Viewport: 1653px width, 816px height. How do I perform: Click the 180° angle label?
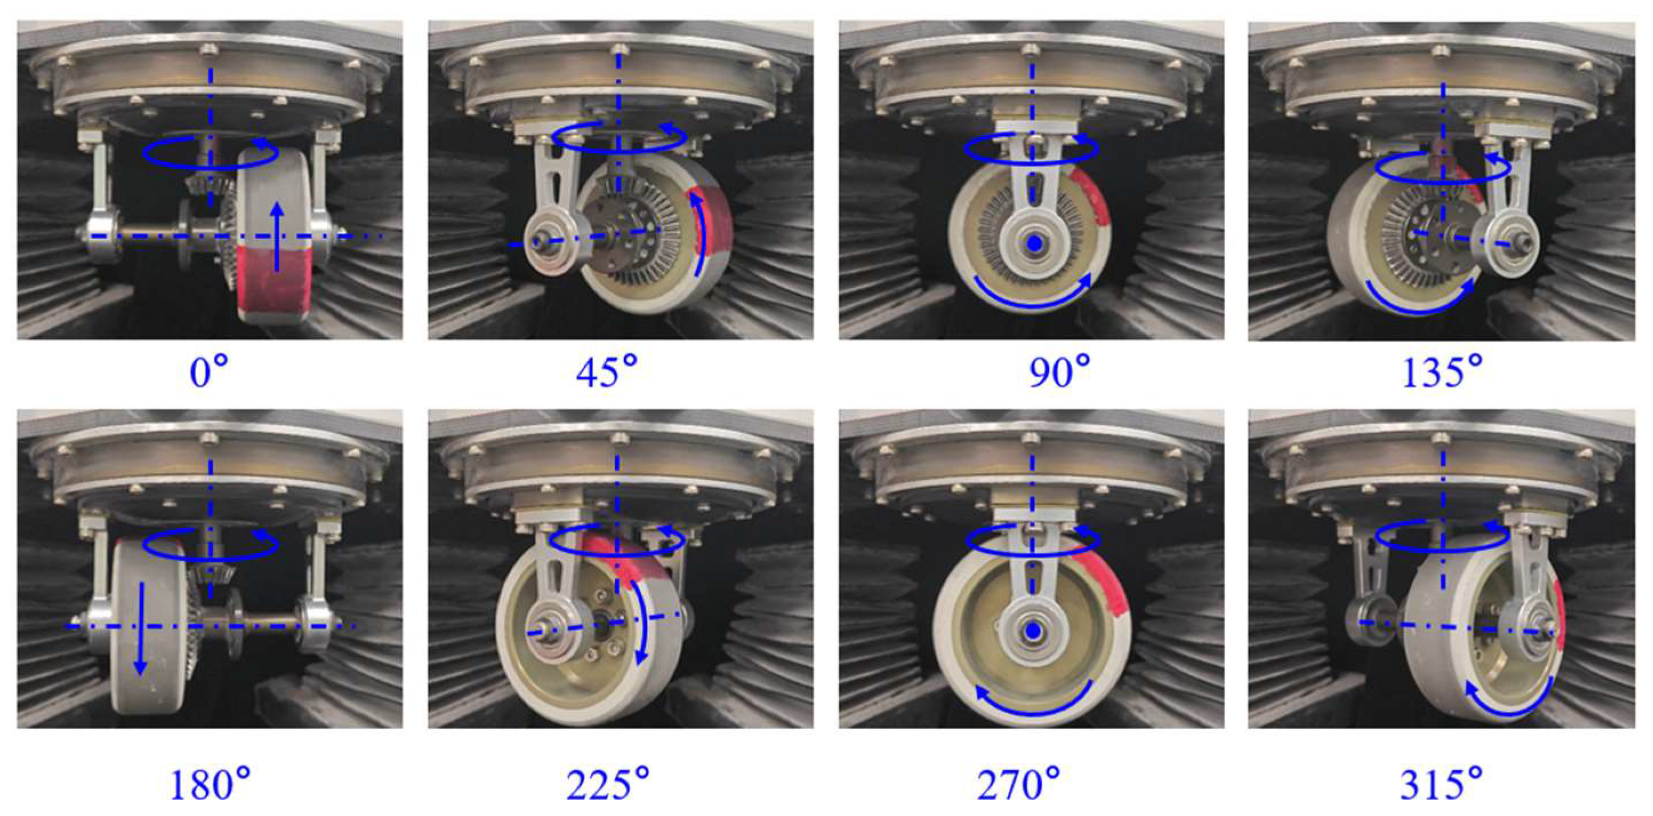pos(209,783)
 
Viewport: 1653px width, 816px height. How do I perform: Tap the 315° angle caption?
pos(1441,783)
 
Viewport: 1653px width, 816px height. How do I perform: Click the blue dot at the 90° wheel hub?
pos(1033,243)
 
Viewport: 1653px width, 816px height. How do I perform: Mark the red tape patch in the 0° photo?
pos(274,282)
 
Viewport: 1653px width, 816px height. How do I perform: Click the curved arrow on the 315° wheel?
pos(1521,708)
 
